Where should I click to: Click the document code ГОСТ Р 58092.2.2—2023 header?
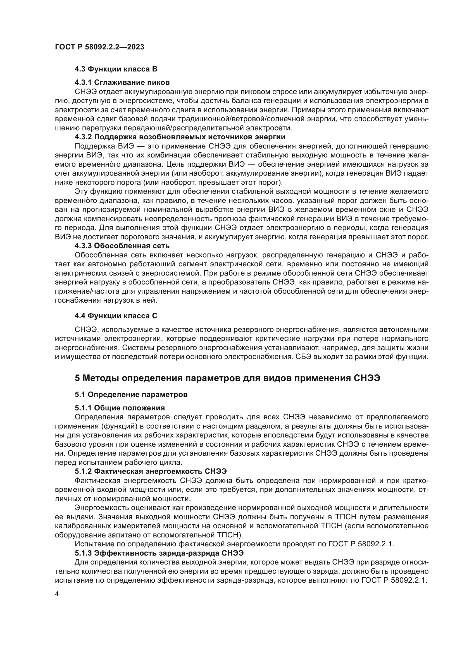click(x=99, y=47)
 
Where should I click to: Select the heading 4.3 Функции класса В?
click(x=116, y=69)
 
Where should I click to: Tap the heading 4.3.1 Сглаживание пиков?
click(x=122, y=82)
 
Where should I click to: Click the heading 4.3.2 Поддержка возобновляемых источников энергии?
click(x=180, y=137)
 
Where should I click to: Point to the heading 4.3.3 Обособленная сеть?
click(x=122, y=245)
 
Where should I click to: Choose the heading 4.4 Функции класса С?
click(x=116, y=316)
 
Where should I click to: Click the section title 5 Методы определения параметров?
click(x=227, y=378)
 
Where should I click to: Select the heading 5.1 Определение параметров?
click(x=131, y=395)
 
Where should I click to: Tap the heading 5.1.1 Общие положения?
click(x=120, y=408)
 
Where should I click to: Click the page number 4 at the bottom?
click(x=57, y=594)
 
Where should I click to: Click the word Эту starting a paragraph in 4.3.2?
click(x=81, y=192)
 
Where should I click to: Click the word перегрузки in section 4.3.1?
click(x=98, y=128)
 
